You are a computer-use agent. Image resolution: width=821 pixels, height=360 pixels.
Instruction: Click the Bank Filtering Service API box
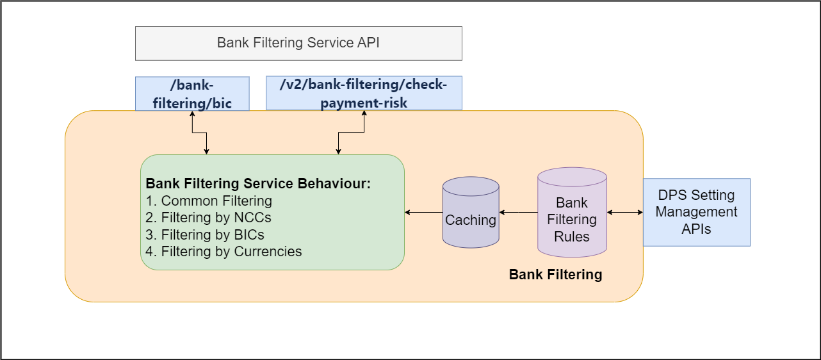tap(298, 44)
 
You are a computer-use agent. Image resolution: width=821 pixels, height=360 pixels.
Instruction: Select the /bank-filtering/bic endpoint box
tap(192, 94)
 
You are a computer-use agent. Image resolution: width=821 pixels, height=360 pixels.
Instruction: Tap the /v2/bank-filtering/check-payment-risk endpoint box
tap(364, 93)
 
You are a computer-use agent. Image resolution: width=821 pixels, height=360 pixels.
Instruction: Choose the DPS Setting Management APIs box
tap(696, 212)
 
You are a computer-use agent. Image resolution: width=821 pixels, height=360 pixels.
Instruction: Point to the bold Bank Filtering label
tap(555, 275)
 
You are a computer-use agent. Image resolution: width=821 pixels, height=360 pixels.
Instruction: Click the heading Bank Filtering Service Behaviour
tap(258, 184)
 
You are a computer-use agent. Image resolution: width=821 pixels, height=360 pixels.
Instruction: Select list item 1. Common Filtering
tap(209, 201)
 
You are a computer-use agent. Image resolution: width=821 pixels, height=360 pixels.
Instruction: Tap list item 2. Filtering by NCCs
tap(208, 218)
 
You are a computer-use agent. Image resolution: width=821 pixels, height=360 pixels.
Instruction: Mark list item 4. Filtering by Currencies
tap(224, 251)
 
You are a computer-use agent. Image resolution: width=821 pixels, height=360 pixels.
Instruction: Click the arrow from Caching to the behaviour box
tap(423, 212)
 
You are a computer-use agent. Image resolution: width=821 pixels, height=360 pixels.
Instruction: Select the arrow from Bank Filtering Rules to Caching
tap(518, 212)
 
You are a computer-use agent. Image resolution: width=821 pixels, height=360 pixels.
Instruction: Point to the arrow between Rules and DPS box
tap(624, 212)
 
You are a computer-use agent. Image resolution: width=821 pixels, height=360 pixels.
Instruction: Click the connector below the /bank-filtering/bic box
tap(199, 133)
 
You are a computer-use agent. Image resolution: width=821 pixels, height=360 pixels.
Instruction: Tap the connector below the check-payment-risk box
tap(351, 133)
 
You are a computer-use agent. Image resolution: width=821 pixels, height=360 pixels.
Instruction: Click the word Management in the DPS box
tap(696, 212)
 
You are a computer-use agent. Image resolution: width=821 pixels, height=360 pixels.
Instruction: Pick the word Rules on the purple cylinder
tap(572, 237)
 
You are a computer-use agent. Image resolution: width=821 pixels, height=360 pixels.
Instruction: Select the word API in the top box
tap(368, 44)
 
